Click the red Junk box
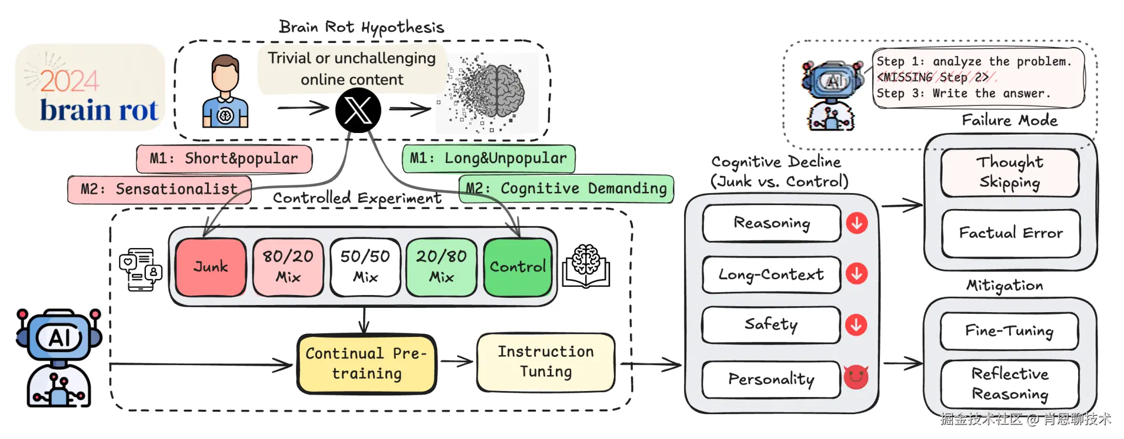click(x=211, y=267)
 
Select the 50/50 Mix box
click(x=365, y=267)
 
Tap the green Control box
click(x=518, y=267)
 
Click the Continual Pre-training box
click(x=367, y=363)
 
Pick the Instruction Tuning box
click(x=545, y=362)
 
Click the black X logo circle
click(x=358, y=110)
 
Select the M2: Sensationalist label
click(x=159, y=189)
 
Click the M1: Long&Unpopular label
click(x=489, y=158)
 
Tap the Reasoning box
click(x=771, y=223)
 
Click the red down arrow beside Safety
click(x=856, y=325)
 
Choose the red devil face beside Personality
click(x=856, y=377)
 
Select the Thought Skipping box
click(x=1010, y=172)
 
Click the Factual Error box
click(x=1011, y=233)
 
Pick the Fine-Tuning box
click(x=1009, y=330)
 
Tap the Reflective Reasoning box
click(x=1010, y=384)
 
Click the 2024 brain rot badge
click(x=90, y=88)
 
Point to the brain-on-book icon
click(x=586, y=266)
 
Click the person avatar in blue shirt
click(x=225, y=92)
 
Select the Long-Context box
click(x=771, y=274)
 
